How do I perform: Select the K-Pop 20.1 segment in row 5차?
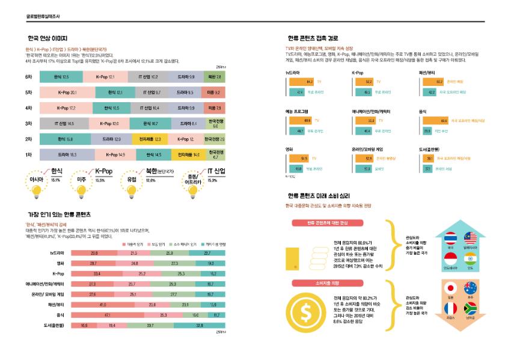(67, 93)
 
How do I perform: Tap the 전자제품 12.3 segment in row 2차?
(149, 139)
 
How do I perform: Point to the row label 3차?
(28, 123)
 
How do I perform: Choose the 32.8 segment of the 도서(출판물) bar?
(199, 325)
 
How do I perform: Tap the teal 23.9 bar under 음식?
(427, 130)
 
